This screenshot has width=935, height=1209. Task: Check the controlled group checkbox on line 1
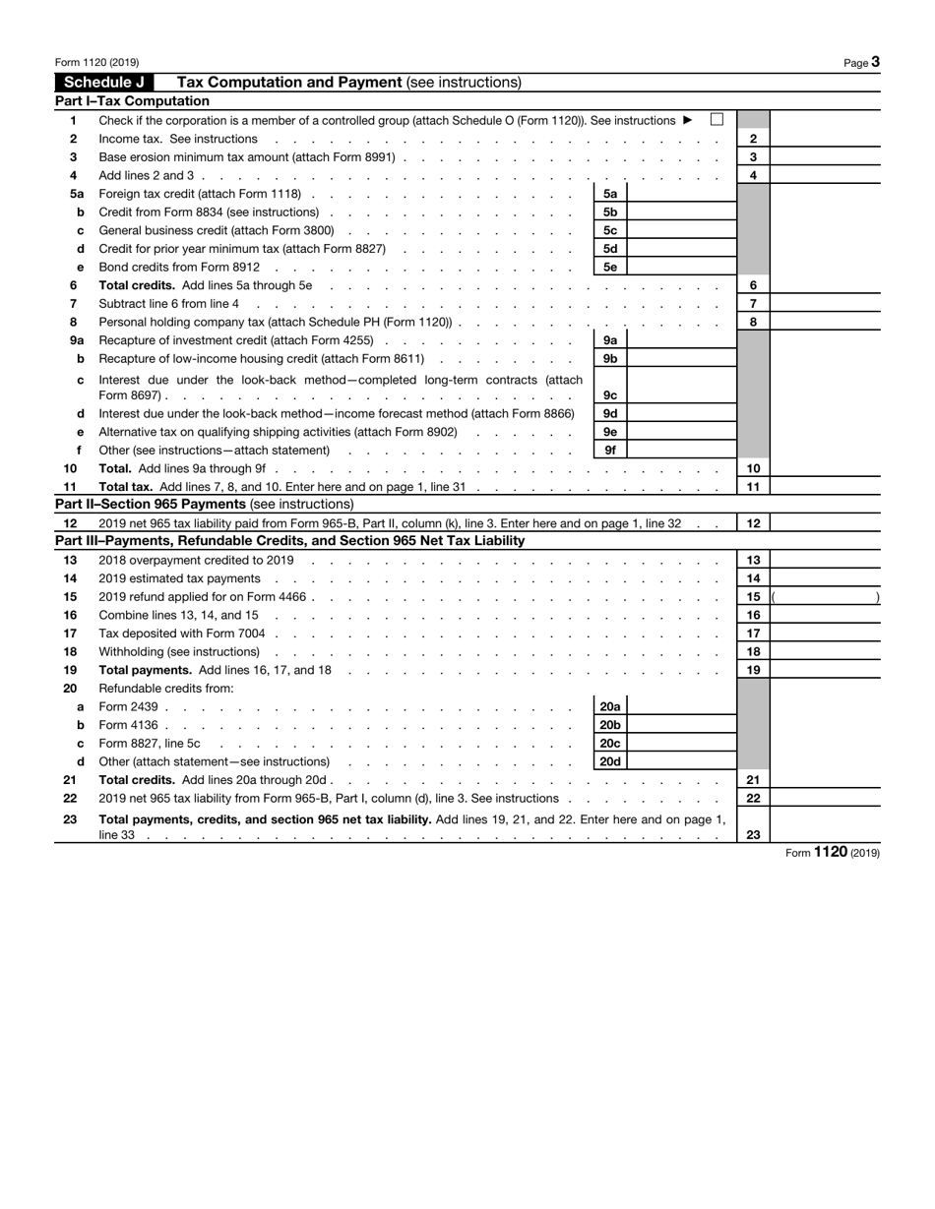[x=717, y=120]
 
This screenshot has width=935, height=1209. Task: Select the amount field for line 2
[x=824, y=139]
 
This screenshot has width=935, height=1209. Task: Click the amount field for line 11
[x=824, y=487]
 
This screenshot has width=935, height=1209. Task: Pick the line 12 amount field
[x=824, y=523]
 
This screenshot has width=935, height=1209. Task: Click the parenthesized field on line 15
[x=825, y=597]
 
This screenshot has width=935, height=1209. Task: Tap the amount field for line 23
[x=824, y=826]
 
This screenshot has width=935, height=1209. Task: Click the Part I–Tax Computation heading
[x=132, y=101]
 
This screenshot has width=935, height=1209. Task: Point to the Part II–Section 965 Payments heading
[x=204, y=505]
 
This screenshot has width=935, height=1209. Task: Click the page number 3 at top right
[x=875, y=62]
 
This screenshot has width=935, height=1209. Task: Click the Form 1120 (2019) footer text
[x=833, y=853]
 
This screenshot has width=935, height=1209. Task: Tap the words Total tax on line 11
[x=126, y=487]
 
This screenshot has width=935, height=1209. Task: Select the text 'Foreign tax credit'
[x=147, y=194]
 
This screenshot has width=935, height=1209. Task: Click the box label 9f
[x=610, y=451]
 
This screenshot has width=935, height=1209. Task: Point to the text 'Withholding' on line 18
[x=131, y=652]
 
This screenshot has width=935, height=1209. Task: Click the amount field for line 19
[x=824, y=670]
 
